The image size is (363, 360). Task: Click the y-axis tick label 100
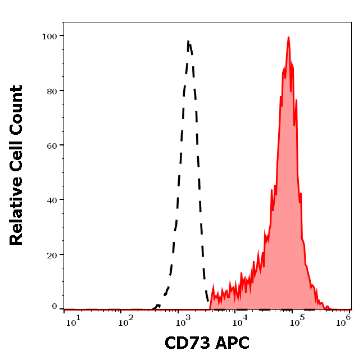click(49, 36)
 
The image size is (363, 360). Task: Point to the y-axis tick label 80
click(52, 90)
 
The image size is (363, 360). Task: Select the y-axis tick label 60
click(52, 145)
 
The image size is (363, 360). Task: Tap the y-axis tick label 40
click(52, 200)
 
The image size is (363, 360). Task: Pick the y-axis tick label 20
click(52, 255)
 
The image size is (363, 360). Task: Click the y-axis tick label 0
click(55, 307)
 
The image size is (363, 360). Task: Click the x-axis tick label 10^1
click(74, 319)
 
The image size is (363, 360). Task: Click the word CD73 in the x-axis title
click(187, 343)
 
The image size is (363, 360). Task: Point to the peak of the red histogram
click(288, 38)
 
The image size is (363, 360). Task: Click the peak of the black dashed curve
click(189, 42)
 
